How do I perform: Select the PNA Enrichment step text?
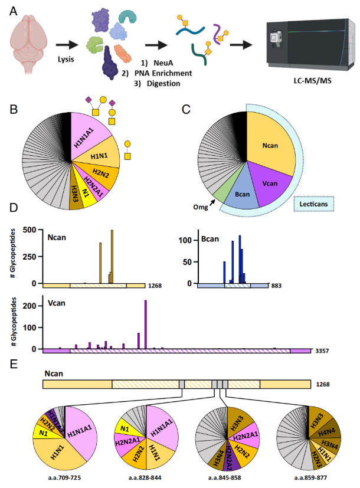point(155,73)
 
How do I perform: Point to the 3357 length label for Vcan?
point(322,351)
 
